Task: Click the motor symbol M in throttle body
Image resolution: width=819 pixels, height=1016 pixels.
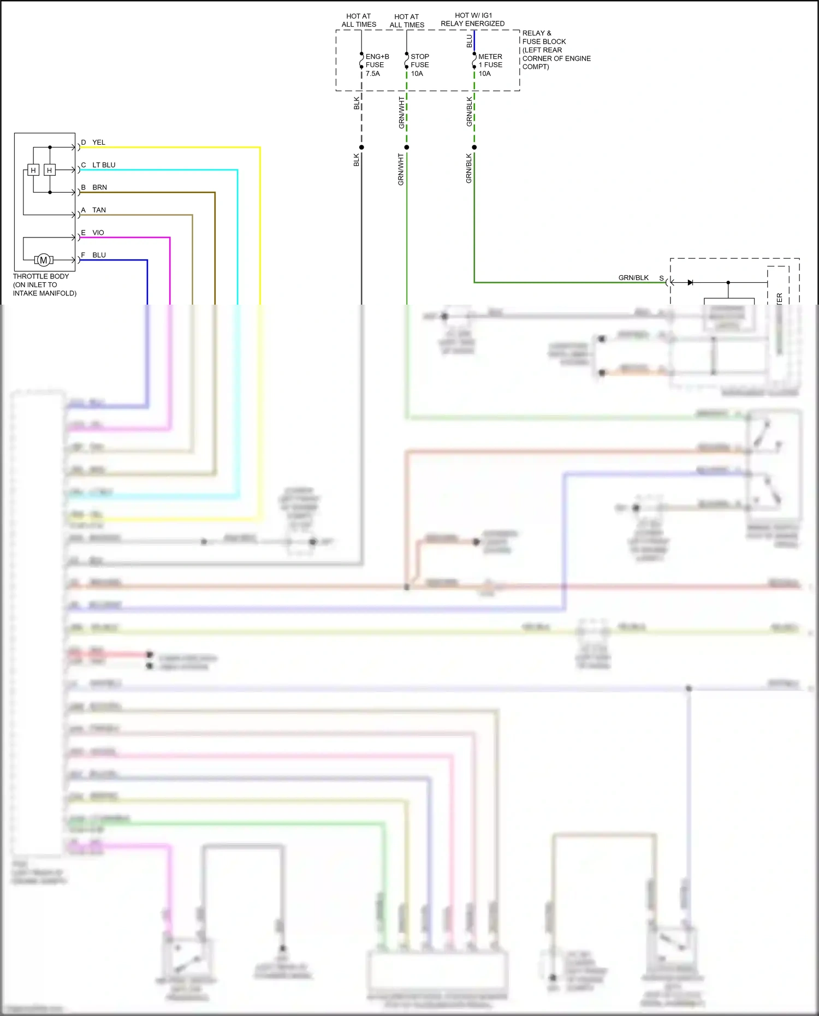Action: click(44, 260)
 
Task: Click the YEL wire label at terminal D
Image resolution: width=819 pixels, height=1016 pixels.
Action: click(98, 142)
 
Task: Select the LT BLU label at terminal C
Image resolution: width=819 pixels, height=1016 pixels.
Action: click(104, 165)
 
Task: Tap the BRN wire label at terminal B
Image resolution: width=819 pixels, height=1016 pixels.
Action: click(99, 187)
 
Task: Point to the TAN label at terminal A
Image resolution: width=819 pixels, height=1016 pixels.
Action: click(99, 210)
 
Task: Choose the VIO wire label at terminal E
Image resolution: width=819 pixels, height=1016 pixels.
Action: click(98, 233)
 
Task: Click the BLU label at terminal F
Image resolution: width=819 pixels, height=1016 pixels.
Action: click(99, 255)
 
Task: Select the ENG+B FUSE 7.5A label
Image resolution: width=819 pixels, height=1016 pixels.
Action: click(377, 65)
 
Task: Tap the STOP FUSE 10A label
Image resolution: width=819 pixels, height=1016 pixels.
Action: click(419, 65)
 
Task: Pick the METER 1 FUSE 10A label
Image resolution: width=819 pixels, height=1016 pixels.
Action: click(490, 65)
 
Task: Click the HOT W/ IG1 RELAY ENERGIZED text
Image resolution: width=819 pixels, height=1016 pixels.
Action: click(473, 20)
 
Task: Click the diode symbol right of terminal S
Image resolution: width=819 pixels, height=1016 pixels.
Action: click(690, 282)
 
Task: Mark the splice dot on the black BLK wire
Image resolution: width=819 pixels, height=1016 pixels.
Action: click(361, 147)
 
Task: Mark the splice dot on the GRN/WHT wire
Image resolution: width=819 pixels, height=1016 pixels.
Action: click(407, 147)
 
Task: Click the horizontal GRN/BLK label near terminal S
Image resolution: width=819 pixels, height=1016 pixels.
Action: click(633, 278)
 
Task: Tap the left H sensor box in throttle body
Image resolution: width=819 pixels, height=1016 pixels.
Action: click(33, 170)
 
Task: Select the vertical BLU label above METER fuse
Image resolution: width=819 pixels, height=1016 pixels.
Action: click(469, 41)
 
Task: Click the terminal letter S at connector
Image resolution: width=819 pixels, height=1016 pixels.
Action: click(661, 278)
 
